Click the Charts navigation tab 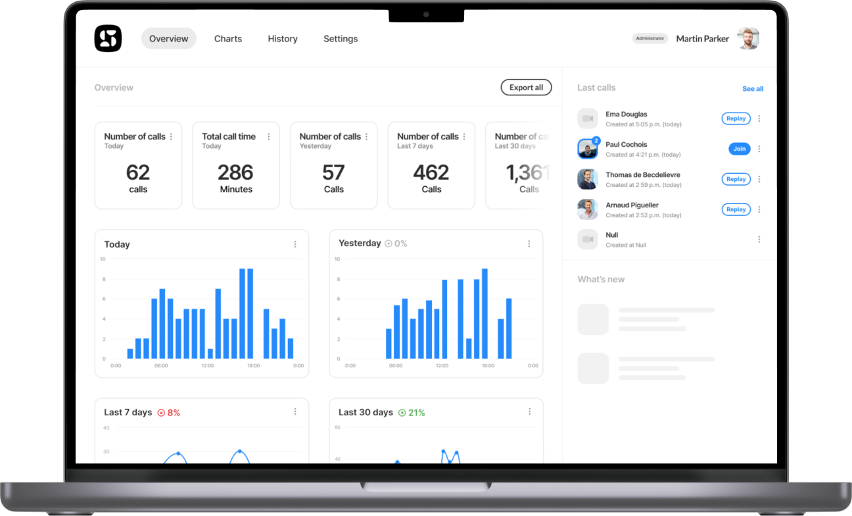point(228,39)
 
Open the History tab point(283,39)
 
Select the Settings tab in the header point(341,39)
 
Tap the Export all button point(526,88)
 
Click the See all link point(753,89)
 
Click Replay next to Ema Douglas point(736,118)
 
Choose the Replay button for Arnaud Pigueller point(736,209)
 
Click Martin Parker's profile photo point(747,38)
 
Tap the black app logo point(108,38)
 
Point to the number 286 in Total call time point(235,172)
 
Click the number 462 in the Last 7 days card point(431,172)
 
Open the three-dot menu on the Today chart point(295,244)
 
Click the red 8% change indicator point(169,413)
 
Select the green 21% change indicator point(412,413)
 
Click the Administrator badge point(650,38)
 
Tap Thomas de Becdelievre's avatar point(587,179)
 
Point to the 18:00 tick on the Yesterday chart point(488,366)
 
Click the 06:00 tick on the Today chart point(161,366)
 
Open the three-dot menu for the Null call point(759,240)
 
